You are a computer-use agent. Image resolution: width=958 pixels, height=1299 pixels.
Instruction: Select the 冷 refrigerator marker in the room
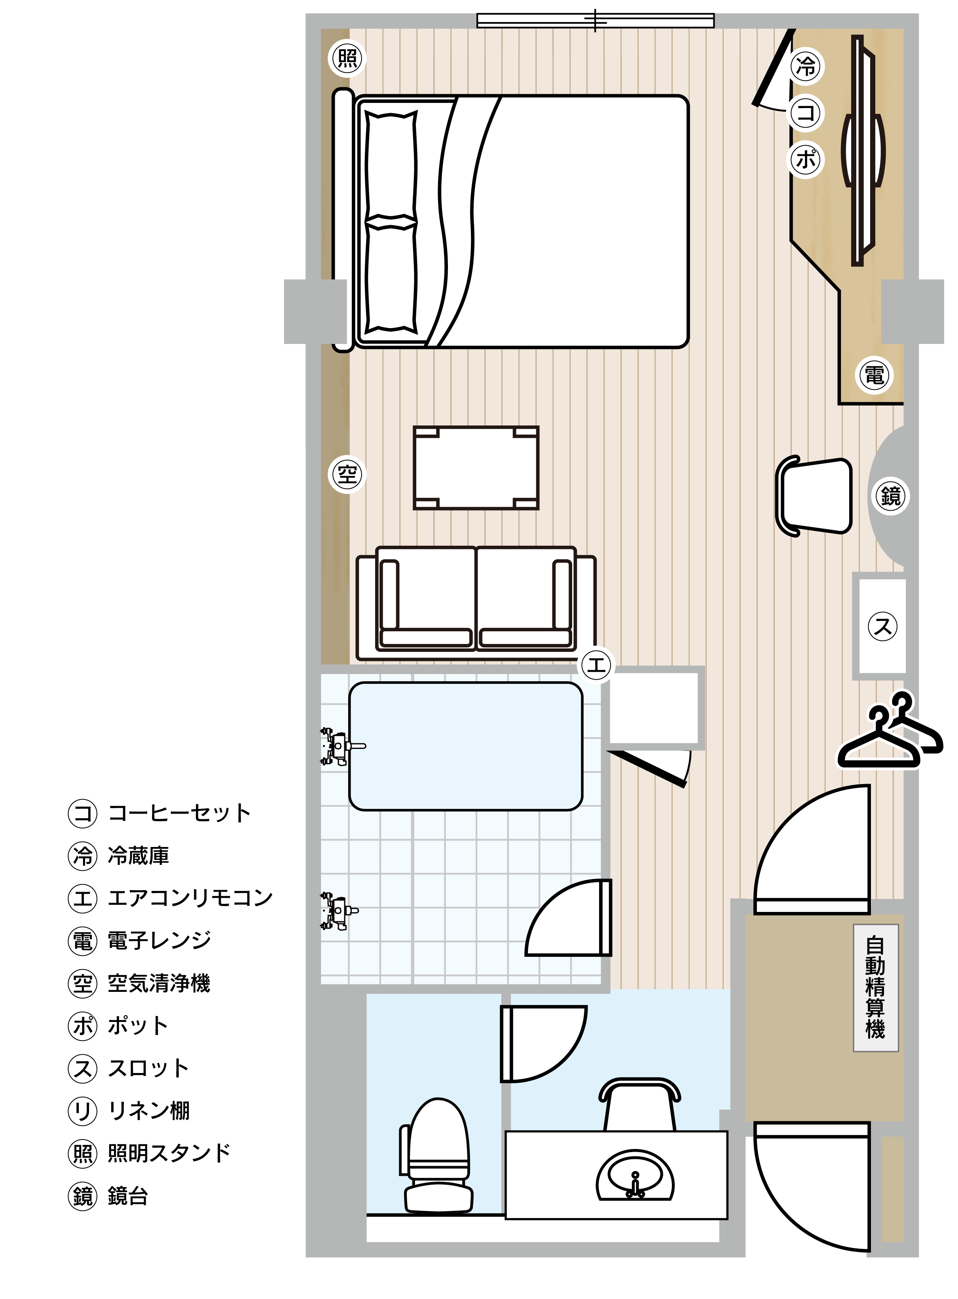coord(806,66)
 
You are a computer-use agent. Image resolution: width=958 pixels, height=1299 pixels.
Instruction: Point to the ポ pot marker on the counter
coord(806,158)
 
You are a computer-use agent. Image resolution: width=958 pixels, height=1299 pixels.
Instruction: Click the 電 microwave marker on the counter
coord(874,375)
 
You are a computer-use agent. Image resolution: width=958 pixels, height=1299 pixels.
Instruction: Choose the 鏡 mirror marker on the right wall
coord(890,496)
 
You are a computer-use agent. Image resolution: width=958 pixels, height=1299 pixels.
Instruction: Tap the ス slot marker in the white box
coord(882,626)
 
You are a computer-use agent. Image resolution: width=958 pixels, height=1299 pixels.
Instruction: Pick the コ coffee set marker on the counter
coord(806,112)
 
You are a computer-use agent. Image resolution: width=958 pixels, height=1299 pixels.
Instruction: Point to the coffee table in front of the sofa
coord(476,468)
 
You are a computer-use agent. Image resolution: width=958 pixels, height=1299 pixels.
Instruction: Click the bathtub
coord(466,746)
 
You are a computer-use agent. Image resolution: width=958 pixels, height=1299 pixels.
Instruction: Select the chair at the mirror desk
coord(814,496)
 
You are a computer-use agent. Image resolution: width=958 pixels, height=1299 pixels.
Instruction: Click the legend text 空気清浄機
coord(159,983)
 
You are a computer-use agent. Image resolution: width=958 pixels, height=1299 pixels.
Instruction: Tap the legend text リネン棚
coord(149,1111)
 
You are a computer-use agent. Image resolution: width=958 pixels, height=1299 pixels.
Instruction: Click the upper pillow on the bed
coord(391,166)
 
